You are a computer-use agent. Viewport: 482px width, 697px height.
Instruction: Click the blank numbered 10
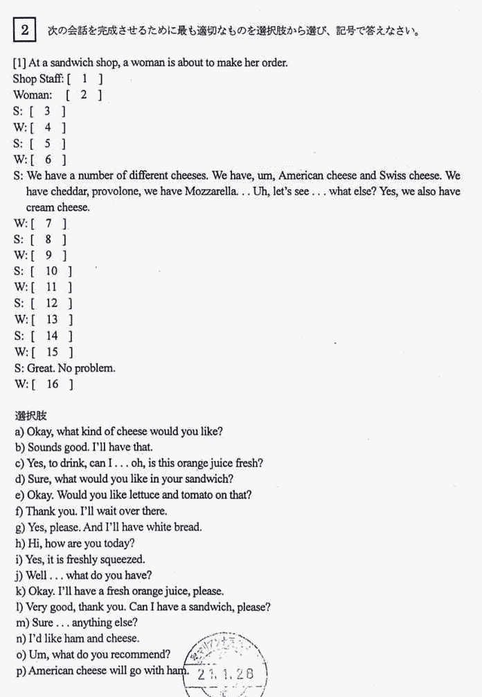coord(51,271)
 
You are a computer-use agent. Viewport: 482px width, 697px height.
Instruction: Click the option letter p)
coord(20,671)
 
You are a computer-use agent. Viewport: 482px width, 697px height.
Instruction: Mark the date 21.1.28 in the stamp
coord(226,673)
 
